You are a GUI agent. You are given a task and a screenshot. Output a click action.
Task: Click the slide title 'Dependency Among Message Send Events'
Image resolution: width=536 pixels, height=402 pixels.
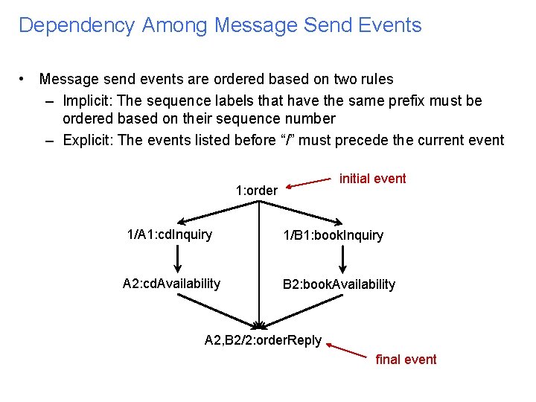point(220,25)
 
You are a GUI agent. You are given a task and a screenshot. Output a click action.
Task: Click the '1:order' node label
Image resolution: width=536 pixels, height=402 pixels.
point(257,191)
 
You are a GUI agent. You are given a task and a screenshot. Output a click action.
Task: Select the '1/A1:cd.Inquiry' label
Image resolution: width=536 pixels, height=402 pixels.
point(170,235)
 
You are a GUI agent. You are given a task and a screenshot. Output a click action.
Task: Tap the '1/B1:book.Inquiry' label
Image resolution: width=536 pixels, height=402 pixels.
point(333,236)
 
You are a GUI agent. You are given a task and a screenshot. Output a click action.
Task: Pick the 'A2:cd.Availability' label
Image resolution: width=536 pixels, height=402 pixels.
point(171,284)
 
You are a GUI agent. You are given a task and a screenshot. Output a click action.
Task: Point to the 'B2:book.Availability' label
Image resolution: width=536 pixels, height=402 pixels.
point(339,284)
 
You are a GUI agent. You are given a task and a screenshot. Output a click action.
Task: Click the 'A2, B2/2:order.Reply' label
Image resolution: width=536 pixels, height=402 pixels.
point(263,341)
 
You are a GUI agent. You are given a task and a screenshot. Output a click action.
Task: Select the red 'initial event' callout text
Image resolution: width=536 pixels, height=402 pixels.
point(372,179)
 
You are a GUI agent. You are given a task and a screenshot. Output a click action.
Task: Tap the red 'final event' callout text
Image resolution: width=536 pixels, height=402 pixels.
point(406,360)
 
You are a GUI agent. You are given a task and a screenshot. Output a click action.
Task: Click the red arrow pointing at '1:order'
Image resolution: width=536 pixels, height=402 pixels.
point(310,183)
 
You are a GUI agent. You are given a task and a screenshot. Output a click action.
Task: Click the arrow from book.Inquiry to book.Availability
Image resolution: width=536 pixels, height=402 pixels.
point(342,260)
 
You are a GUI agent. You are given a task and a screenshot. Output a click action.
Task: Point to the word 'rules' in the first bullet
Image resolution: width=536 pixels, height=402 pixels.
point(375,79)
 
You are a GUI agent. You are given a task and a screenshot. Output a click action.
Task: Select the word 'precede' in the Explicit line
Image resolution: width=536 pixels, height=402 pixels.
point(403,140)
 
